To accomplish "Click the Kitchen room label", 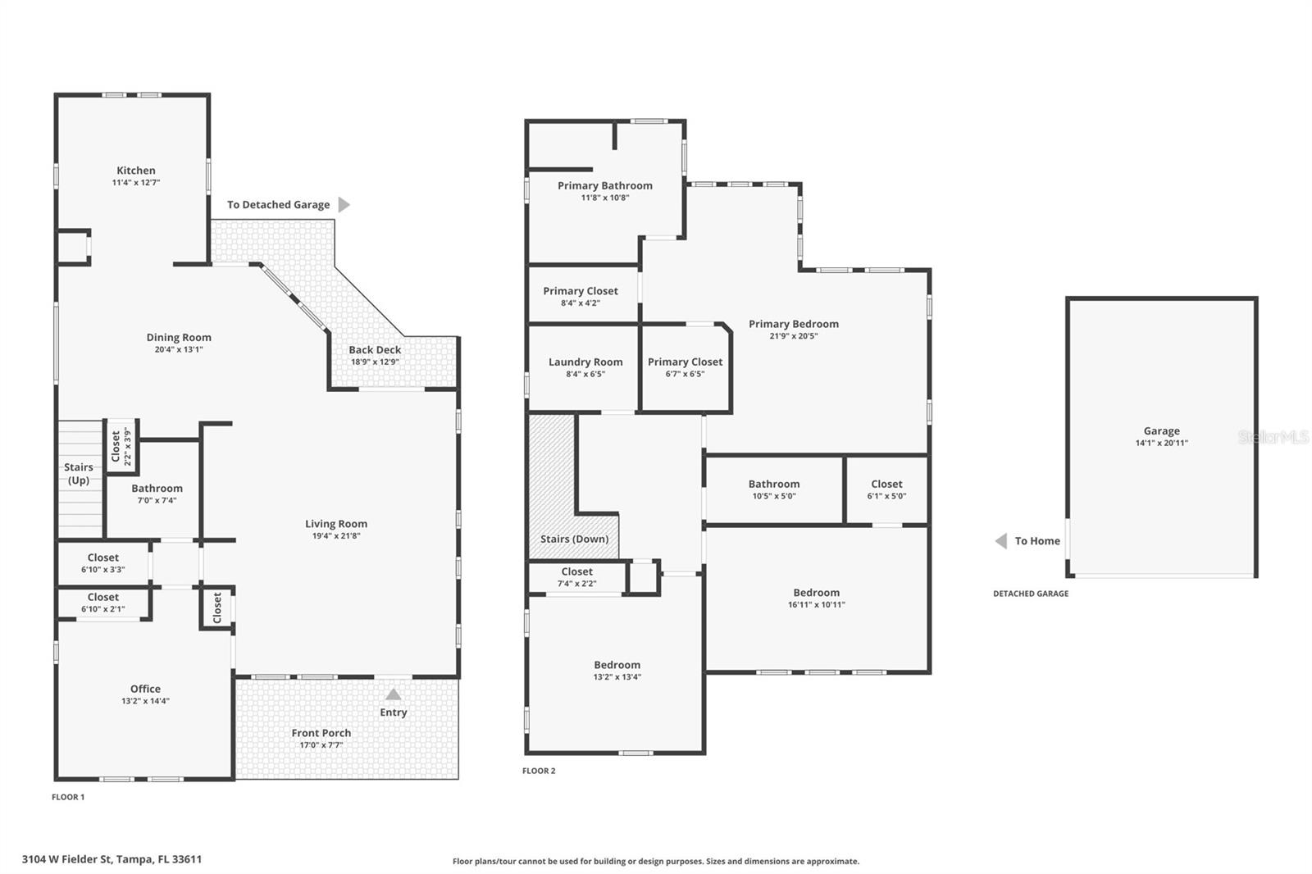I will (136, 171).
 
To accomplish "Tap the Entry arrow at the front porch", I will (394, 694).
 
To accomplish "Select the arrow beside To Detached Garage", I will (344, 204).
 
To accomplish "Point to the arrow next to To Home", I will (1000, 541).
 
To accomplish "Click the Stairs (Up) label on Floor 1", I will (79, 473).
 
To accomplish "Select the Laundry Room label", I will (585, 362).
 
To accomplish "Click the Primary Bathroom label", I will (605, 185).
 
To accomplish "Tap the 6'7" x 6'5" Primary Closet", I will (685, 362).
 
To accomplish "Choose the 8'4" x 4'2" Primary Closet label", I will (581, 291).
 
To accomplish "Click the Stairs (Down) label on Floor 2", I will (574, 539).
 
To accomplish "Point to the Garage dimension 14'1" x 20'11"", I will (1161, 443).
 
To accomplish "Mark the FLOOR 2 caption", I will (539, 771).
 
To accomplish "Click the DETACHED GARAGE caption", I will (1031, 594).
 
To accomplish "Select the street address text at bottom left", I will (112, 859).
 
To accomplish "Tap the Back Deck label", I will (375, 350).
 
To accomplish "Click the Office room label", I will (145, 689).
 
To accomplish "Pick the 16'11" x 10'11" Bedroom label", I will (816, 593).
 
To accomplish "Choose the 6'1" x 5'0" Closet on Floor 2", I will (886, 485).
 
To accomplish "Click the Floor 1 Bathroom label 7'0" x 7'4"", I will (157, 489).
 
